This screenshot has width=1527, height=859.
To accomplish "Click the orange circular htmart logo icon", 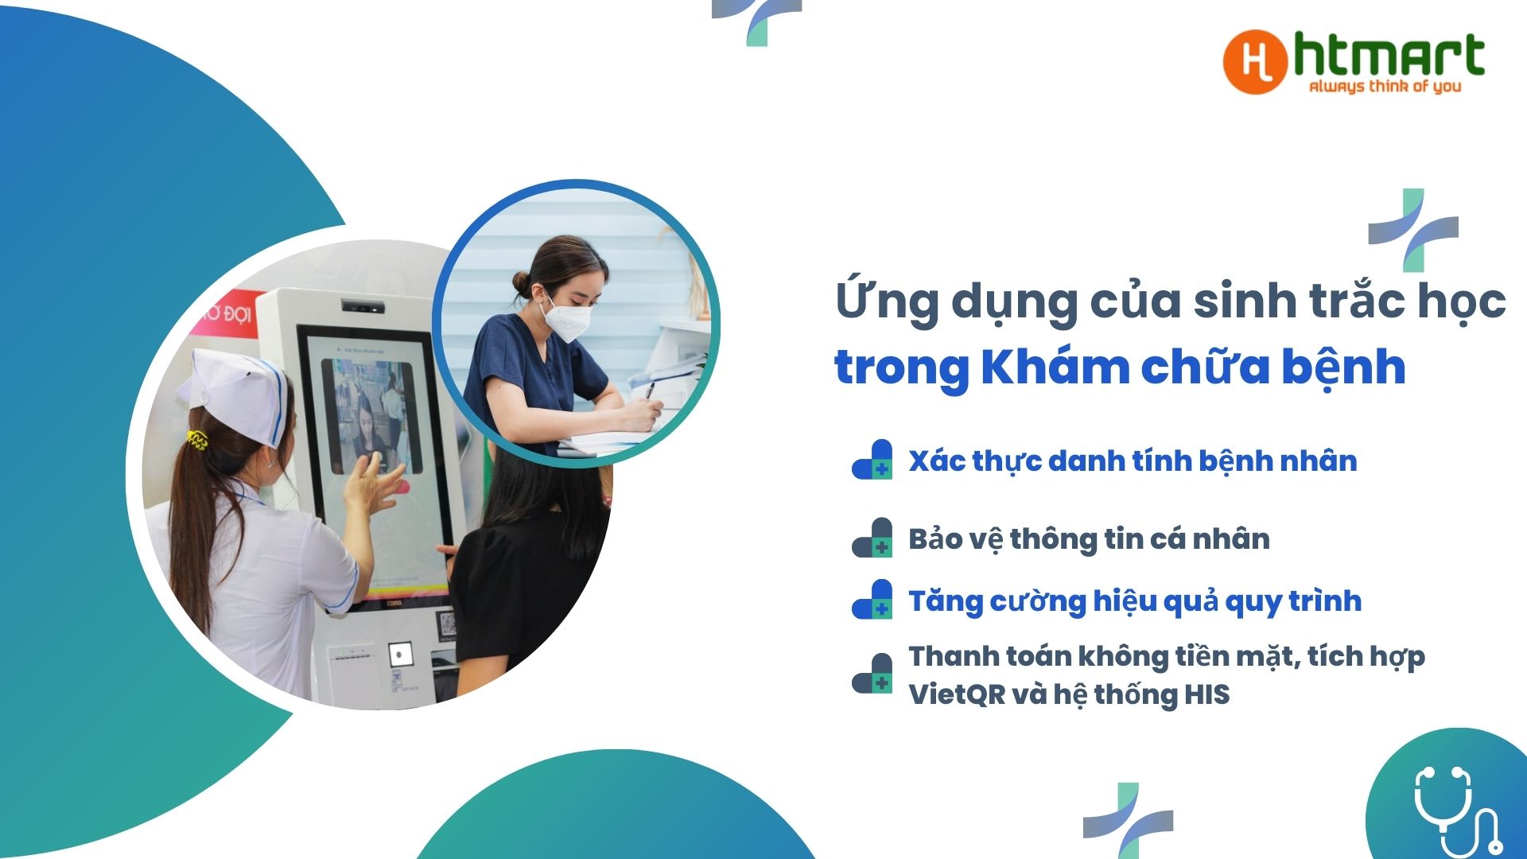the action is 1255,62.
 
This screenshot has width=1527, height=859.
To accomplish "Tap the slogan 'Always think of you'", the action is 1385,86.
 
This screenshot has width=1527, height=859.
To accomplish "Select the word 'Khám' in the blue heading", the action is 1055,367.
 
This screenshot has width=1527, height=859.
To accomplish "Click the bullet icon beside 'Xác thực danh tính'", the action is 872,460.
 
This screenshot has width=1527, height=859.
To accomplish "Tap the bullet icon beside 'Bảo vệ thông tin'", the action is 872,538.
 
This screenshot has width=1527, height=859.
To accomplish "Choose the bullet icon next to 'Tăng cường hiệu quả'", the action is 872,599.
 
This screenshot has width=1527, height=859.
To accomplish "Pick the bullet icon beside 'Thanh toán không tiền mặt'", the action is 872,674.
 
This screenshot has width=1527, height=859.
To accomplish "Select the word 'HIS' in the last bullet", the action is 1206,694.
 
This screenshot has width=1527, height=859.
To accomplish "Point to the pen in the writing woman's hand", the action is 651,391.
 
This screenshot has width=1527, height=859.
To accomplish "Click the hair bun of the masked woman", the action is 522,281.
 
